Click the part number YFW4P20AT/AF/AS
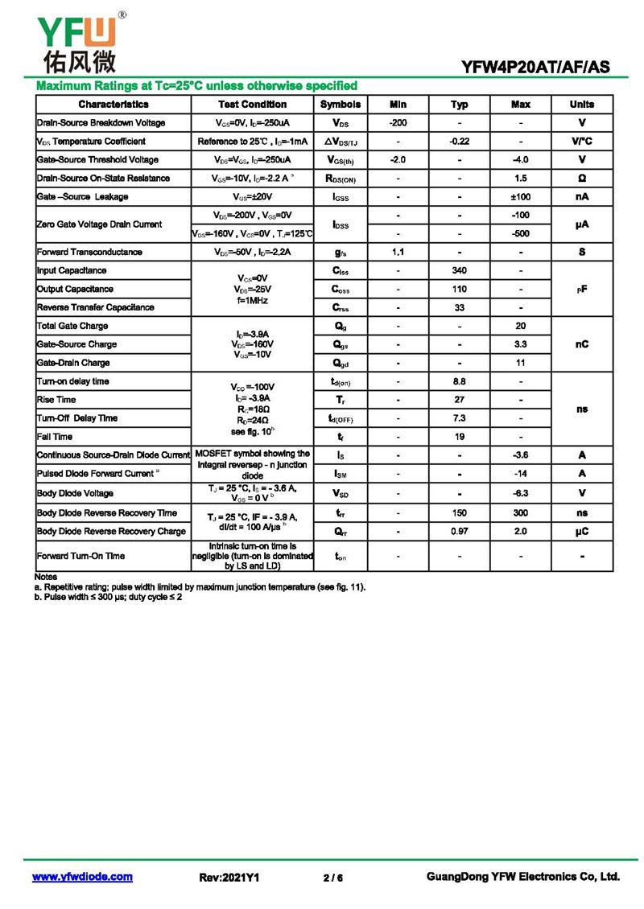[535, 68]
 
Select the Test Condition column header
[252, 105]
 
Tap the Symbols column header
[341, 105]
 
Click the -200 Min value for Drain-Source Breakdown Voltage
[398, 123]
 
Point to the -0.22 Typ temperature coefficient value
[459, 142]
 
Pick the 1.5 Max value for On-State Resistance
[520, 179]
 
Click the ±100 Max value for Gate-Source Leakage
[520, 197]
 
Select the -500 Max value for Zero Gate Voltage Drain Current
[520, 233]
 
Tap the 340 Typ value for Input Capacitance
[459, 270]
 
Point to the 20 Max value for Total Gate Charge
[520, 326]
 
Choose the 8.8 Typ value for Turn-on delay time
[459, 381]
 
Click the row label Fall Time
[55, 437]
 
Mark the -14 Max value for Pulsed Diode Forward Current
[520, 474]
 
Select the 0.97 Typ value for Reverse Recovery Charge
[459, 531]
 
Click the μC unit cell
[581, 531]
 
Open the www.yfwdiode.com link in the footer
[82, 877]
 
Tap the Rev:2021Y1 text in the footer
[229, 878]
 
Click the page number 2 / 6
[332, 878]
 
